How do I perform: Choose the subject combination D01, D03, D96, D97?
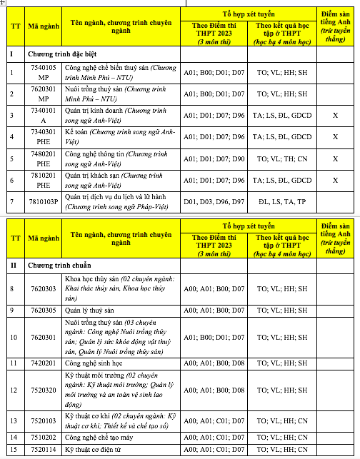209,203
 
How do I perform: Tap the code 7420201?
43,363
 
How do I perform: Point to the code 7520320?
43,390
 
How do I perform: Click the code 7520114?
43,449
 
